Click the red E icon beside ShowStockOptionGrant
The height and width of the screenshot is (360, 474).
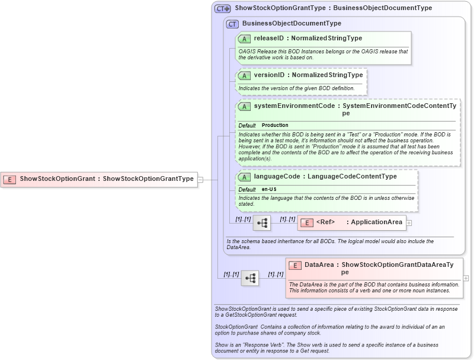(x=10, y=179)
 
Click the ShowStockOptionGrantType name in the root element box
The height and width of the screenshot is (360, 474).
(x=149, y=179)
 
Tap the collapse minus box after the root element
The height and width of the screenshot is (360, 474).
(x=200, y=179)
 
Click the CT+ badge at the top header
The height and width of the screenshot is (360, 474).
(x=223, y=8)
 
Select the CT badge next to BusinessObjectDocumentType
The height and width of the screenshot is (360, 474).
(x=233, y=24)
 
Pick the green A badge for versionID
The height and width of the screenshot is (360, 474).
(x=244, y=75)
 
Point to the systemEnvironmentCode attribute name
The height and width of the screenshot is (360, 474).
(x=294, y=106)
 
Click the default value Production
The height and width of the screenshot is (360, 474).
(x=275, y=125)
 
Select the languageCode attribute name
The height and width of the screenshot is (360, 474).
(x=276, y=176)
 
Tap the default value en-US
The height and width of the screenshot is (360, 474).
(x=270, y=189)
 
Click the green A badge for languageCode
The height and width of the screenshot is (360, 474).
(x=244, y=177)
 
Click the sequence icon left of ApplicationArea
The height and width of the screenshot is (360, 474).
(x=262, y=223)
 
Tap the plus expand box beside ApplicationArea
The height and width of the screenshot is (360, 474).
(x=409, y=223)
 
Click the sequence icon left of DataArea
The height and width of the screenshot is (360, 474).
(x=250, y=278)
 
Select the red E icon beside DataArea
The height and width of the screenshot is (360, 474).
(x=295, y=265)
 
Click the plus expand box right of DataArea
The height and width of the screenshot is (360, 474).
(x=466, y=278)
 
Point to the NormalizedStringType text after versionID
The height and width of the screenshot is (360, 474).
(x=334, y=75)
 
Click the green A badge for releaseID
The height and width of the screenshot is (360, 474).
(x=244, y=39)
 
